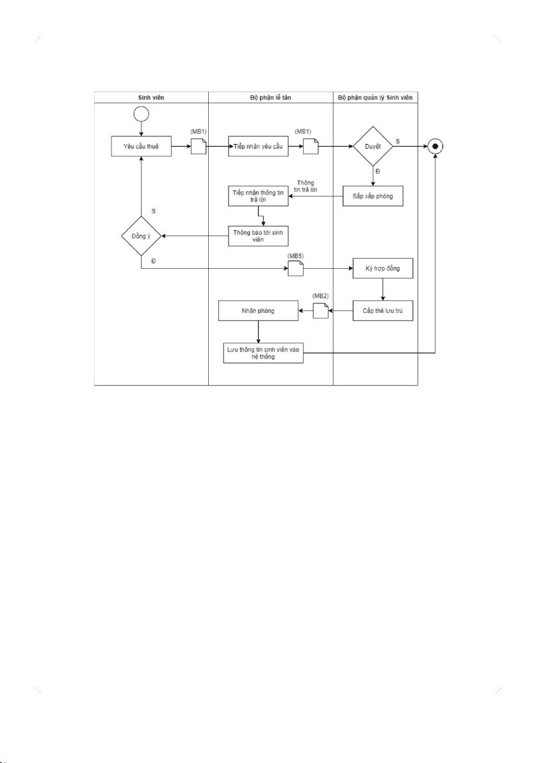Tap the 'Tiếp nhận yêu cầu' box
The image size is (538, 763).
257,146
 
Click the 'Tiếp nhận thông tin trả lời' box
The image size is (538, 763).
257,196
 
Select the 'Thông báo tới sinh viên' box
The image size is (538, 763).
257,235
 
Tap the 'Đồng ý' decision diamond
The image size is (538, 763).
141,236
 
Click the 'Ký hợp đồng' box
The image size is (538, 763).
382,269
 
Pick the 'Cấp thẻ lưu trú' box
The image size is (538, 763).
382,312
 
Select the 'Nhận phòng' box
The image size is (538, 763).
257,312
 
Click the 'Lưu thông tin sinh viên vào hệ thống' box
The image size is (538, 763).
263,353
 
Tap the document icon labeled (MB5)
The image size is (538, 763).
295,269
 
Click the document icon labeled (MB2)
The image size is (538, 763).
320,312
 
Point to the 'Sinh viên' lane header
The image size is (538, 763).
151,98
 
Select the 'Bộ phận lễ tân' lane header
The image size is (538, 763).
270,98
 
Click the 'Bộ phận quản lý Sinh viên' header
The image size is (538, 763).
375,98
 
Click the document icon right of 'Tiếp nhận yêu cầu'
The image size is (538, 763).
311,147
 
